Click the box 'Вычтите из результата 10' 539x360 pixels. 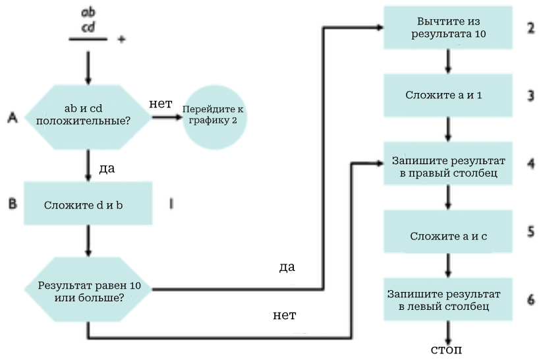448,28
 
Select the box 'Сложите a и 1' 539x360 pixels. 448,96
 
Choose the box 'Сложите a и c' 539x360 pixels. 448,235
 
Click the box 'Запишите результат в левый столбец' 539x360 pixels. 448,300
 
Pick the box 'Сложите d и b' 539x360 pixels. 88,205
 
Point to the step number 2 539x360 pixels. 530,28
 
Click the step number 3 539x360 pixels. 530,96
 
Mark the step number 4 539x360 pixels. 530,163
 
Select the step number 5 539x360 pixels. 530,232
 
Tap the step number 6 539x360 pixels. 530,299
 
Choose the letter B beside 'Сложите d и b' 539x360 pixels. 12,204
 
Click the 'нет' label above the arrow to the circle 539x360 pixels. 160,104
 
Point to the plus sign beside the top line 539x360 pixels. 121,40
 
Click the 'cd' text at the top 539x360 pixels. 87,27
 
